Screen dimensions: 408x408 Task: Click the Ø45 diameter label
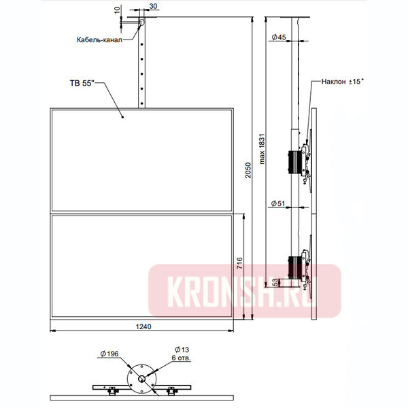coord(277,37)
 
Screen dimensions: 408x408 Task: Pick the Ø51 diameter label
coord(277,203)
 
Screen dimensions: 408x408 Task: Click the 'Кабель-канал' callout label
coord(99,39)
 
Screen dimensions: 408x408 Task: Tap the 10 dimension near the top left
coord(117,11)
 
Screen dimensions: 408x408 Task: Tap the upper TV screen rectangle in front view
coord(143,160)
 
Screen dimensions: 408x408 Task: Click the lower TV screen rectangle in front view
coord(143,267)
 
